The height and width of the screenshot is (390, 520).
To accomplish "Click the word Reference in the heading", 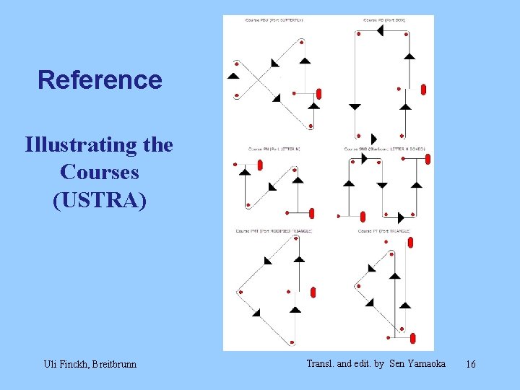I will coord(100,79).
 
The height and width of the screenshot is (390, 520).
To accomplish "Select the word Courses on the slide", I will coord(100,173).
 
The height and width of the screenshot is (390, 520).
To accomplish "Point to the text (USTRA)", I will coord(100,200).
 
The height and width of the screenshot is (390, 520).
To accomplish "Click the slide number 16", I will coord(470,364).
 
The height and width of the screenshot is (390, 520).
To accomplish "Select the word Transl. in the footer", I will coord(321,363).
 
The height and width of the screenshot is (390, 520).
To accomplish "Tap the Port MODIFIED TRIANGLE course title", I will coord(274,231).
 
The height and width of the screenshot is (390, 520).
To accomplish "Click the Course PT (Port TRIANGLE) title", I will coord(384,231).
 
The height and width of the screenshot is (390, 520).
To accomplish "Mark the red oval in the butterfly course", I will coord(318,94).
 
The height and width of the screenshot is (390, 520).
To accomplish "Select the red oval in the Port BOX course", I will coord(423,90).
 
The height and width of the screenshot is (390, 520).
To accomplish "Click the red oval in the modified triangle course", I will coord(313,292).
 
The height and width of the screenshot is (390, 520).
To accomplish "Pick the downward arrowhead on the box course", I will coord(355,107).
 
